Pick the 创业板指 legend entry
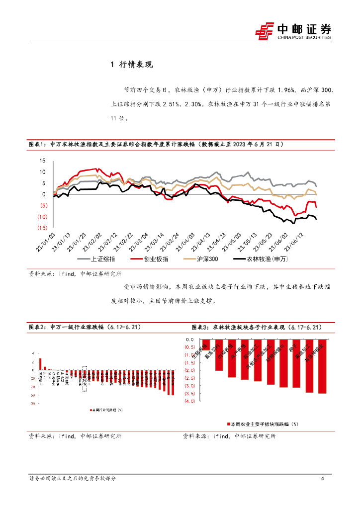click(149, 259)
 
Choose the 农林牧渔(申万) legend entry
click(259, 259)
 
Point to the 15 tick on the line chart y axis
click(42, 161)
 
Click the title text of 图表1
click(156, 144)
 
